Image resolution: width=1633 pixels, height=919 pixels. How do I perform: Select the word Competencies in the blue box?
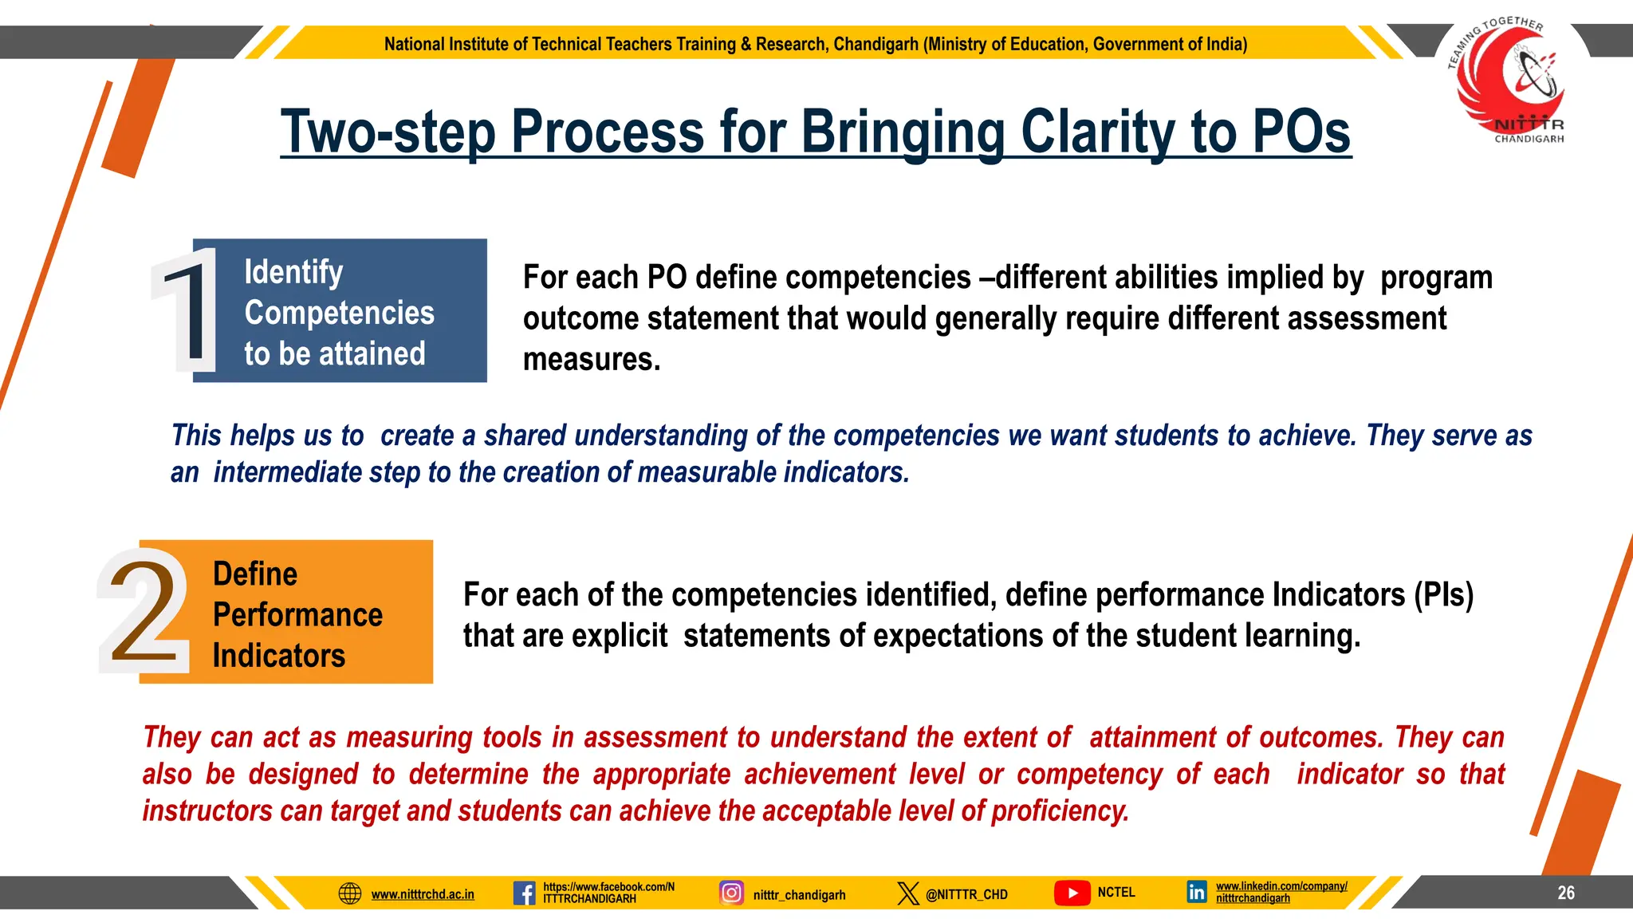339,313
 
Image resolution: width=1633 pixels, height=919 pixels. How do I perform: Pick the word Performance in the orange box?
297,614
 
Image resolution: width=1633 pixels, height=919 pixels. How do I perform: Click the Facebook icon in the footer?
524,893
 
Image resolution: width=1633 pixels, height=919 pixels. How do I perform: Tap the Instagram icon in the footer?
731,893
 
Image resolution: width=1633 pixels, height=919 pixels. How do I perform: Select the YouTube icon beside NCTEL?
1072,893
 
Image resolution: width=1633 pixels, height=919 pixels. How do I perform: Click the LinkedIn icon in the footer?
1196,892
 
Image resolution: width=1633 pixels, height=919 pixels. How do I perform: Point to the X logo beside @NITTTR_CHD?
907,893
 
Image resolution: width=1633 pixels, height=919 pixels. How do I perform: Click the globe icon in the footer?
350,893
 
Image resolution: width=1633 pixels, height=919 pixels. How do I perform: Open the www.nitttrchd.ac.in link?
423,894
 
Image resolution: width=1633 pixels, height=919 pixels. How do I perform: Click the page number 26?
1566,893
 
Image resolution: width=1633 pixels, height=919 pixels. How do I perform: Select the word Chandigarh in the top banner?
876,44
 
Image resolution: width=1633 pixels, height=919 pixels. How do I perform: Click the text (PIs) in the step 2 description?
1443,595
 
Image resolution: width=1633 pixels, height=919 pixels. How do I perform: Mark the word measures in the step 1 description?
591,359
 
